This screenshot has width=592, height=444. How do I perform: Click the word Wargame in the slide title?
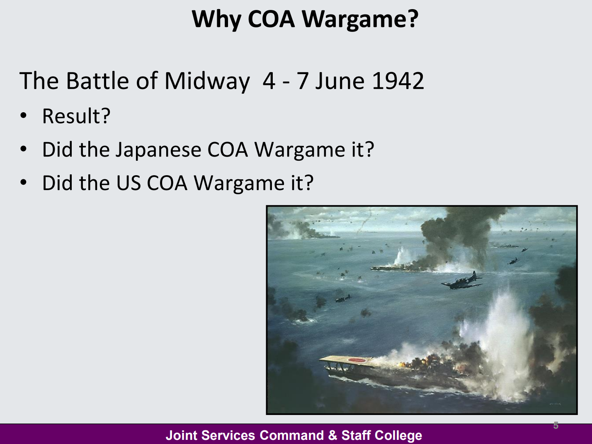(x=360, y=19)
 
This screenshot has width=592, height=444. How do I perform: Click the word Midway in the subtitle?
(x=207, y=81)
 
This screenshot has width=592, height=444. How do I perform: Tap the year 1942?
(x=398, y=81)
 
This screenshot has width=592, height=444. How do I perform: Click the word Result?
(x=76, y=116)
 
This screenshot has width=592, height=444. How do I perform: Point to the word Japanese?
(x=158, y=150)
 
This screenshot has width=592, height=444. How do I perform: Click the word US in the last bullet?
(x=129, y=183)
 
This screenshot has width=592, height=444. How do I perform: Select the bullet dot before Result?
(x=24, y=116)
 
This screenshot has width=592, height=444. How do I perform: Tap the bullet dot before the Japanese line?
(x=24, y=149)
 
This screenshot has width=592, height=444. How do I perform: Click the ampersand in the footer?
(x=332, y=435)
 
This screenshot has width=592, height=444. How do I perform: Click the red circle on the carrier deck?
(x=357, y=360)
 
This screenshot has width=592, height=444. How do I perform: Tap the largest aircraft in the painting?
(x=461, y=281)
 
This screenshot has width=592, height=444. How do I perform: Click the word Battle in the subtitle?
(x=97, y=81)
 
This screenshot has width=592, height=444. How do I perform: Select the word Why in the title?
(x=216, y=19)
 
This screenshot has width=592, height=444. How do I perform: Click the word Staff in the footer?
(x=354, y=435)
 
